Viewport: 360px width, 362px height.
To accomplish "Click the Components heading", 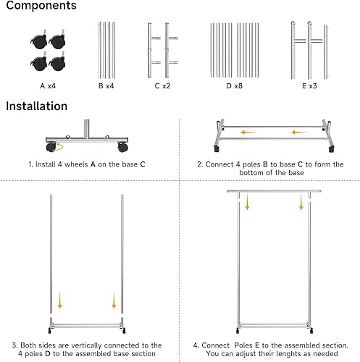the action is pos(41,6).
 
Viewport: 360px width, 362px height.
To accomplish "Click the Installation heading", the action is pos(37,106).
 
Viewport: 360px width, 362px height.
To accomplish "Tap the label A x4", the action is pos(48,86).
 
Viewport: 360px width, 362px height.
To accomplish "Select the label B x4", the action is pos(106,86).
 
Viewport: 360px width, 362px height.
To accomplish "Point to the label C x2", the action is pos(162,86).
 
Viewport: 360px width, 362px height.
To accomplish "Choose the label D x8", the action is pos(235,86).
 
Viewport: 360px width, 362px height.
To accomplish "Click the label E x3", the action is pos(309,86).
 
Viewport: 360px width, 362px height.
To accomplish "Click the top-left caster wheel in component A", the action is pos(39,41).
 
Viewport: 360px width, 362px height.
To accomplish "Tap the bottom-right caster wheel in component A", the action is pos(57,62).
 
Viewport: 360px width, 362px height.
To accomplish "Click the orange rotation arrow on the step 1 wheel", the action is pos(59,147).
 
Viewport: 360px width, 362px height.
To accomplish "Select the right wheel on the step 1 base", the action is pos(122,147).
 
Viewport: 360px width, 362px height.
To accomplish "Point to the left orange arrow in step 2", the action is pos(248,132).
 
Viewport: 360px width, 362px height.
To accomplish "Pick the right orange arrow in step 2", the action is pos(299,132).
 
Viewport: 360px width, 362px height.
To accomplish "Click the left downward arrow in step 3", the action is pos(60,300).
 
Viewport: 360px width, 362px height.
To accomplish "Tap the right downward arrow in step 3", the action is pos(114,300).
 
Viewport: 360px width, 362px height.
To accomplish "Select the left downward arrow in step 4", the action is pos(247,202).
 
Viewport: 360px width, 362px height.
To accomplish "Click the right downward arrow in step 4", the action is pos(301,202).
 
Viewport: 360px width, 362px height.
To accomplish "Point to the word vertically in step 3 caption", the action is pos(86,345).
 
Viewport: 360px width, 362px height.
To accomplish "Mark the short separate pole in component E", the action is pos(326,51).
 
